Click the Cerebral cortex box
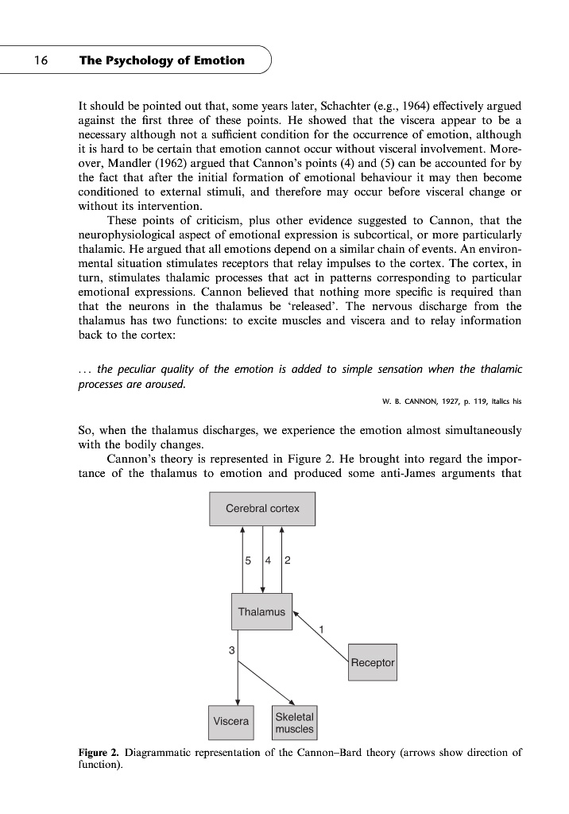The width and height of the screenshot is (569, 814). click(x=262, y=509)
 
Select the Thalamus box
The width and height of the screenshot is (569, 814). click(x=261, y=612)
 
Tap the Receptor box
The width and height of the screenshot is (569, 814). click(x=373, y=662)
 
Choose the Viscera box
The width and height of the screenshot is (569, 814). click(x=230, y=722)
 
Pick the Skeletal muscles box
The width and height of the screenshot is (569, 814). click(x=294, y=723)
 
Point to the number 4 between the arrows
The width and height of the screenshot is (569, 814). click(x=270, y=560)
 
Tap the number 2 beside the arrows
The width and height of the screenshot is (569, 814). click(x=287, y=560)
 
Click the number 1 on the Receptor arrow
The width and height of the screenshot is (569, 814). click(x=320, y=630)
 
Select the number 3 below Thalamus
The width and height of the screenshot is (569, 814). click(x=231, y=651)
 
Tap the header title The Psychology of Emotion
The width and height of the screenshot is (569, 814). click(x=162, y=60)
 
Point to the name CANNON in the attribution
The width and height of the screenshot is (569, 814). click(x=411, y=400)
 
